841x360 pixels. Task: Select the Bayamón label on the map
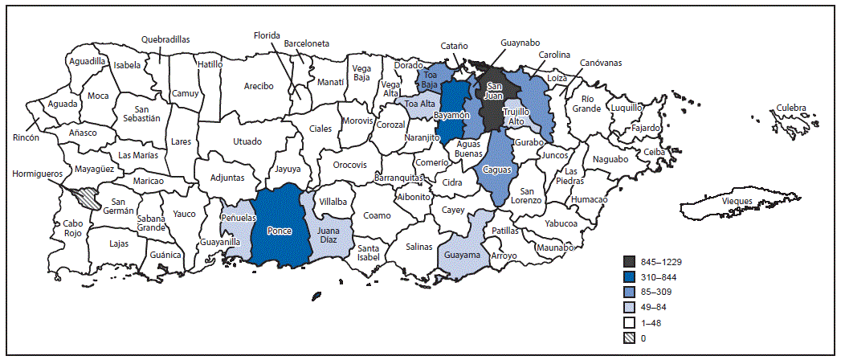pyautogui.click(x=451, y=116)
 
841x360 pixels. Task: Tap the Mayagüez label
pyautogui.click(x=96, y=169)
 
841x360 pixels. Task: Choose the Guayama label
pyautogui.click(x=462, y=255)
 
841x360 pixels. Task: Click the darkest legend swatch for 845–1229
pyautogui.click(x=631, y=260)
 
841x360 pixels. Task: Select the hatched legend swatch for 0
pyautogui.click(x=631, y=338)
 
